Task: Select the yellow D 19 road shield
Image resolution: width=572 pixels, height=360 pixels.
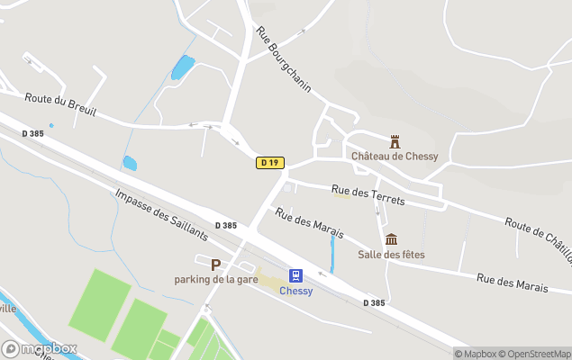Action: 270,163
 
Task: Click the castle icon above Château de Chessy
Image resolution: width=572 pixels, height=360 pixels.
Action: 394,141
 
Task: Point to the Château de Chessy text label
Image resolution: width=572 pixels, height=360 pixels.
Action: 395,157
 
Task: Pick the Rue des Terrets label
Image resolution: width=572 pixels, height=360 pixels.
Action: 368,194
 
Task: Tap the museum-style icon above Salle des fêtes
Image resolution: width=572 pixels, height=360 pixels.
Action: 391,239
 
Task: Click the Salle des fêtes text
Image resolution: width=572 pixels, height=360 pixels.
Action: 391,255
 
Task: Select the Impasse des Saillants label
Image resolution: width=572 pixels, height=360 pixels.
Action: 161,214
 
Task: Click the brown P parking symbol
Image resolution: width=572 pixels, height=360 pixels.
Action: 215,265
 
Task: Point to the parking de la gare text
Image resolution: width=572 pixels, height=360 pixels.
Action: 216,280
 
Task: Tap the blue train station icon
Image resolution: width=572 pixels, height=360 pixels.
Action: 295,275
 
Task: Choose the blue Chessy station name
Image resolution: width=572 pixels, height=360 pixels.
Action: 295,291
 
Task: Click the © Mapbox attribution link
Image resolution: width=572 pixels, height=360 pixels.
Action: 476,354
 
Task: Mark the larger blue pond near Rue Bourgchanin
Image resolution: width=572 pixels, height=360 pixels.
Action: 183,67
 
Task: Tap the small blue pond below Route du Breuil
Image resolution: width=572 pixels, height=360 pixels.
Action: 130,164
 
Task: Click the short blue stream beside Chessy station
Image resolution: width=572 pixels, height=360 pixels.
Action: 332,254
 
